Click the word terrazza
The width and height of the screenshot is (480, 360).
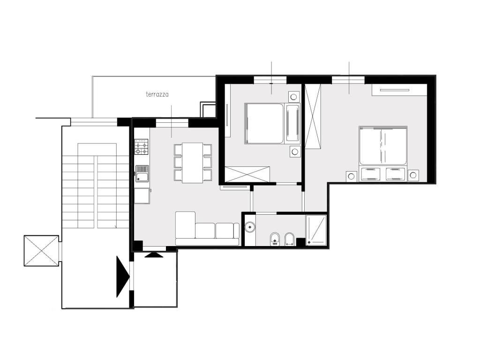pyautogui.click(x=157, y=94)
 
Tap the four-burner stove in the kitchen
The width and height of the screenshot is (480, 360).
pyautogui.click(x=142, y=146)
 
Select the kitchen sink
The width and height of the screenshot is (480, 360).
pyautogui.click(x=142, y=173)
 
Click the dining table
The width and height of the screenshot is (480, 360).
pyautogui.click(x=193, y=163)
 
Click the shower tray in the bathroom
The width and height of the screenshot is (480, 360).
pyautogui.click(x=316, y=230)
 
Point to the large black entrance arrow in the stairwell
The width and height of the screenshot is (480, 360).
pyautogui.click(x=123, y=277)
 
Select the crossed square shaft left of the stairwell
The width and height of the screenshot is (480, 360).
pyautogui.click(x=41, y=251)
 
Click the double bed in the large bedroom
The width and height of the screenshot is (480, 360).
pyautogui.click(x=383, y=154)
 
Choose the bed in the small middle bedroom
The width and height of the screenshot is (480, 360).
pyautogui.click(x=272, y=124)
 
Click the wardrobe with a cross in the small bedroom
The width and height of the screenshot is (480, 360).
pyautogui.click(x=247, y=174)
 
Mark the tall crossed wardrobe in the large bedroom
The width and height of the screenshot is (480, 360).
pyautogui.click(x=313, y=116)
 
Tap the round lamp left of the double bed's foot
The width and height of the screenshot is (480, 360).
pyautogui.click(x=352, y=176)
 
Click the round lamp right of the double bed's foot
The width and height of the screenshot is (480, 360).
pyautogui.click(x=413, y=175)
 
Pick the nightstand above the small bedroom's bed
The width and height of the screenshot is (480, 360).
pyautogui.click(x=294, y=97)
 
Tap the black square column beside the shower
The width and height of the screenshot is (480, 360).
pyautogui.click(x=301, y=242)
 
